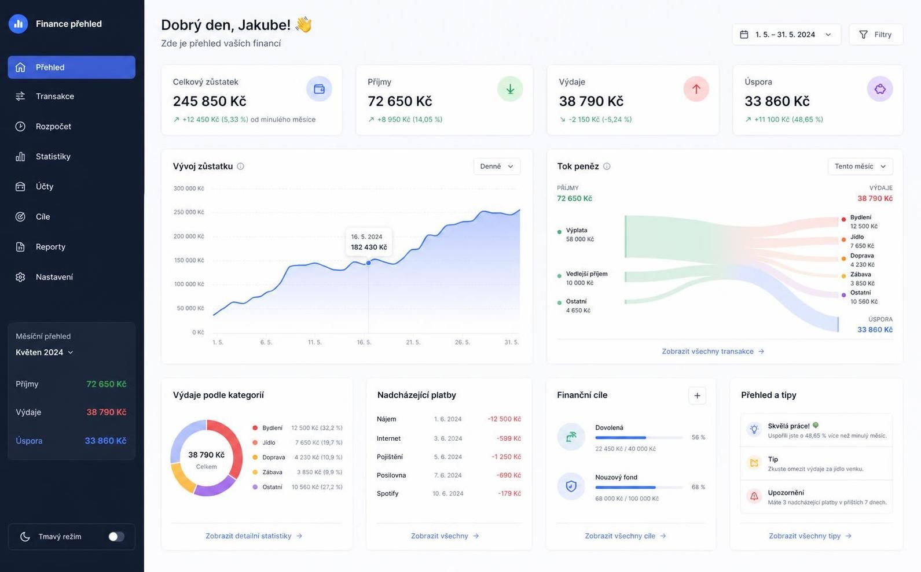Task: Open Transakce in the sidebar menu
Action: tap(54, 96)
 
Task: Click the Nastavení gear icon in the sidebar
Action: tap(20, 277)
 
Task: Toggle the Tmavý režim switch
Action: tap(116, 536)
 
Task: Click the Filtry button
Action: tap(876, 35)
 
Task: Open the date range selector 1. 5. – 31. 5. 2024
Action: tap(786, 35)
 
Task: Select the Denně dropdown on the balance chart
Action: tap(497, 167)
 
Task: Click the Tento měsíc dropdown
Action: tap(860, 167)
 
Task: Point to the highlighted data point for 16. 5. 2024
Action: tap(368, 263)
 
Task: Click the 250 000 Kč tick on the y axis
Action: tap(189, 212)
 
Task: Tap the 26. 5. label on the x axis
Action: tap(462, 342)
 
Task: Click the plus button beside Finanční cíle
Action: tap(697, 395)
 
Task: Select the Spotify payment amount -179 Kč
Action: tap(509, 493)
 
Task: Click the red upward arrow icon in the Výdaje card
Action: tap(696, 88)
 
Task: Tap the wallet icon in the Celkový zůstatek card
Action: tap(319, 88)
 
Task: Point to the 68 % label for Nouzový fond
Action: tap(698, 487)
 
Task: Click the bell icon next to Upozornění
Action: tap(754, 496)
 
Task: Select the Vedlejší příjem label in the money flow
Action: tap(586, 274)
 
